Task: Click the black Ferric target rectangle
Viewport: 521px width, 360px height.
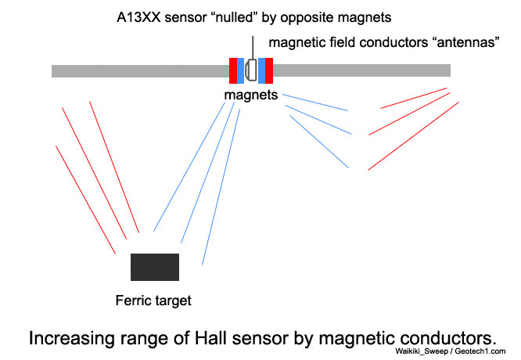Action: click(155, 267)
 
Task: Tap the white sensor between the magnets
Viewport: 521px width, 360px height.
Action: click(251, 70)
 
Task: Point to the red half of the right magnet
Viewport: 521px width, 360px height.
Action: click(270, 70)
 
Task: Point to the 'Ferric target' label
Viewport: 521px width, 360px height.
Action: click(153, 299)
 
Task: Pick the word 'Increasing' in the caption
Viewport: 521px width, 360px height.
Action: click(66, 338)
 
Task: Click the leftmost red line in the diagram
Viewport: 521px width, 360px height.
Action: click(85, 199)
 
